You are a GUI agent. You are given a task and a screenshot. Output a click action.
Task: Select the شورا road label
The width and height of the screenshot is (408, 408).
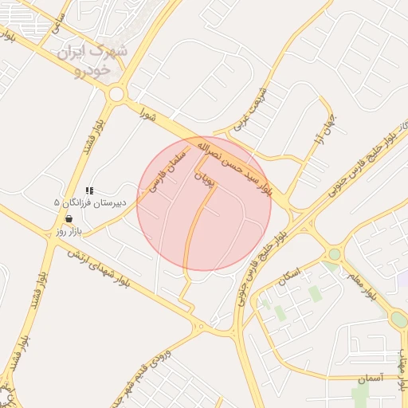[x=146, y=114]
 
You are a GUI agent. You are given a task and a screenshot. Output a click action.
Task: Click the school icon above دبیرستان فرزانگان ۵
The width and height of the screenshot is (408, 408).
[x=88, y=190]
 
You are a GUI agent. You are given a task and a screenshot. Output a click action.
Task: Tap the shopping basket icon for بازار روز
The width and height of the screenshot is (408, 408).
[x=69, y=218]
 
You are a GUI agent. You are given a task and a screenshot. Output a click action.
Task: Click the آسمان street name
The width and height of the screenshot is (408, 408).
[x=371, y=379]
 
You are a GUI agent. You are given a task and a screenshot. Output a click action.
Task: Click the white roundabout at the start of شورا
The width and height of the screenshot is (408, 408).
[x=117, y=94]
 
